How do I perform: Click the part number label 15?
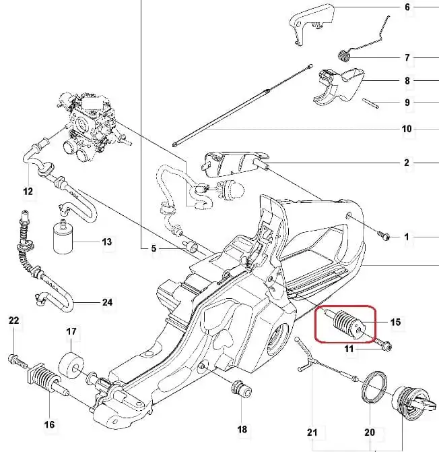(x=395, y=322)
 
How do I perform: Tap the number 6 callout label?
(x=407, y=8)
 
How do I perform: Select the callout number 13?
(x=106, y=242)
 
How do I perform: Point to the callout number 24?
(x=107, y=302)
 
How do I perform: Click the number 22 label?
(x=14, y=320)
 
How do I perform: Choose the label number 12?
(x=28, y=192)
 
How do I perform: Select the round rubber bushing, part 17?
(x=70, y=364)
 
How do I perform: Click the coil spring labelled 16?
(x=45, y=382)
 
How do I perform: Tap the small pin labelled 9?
(x=371, y=103)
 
